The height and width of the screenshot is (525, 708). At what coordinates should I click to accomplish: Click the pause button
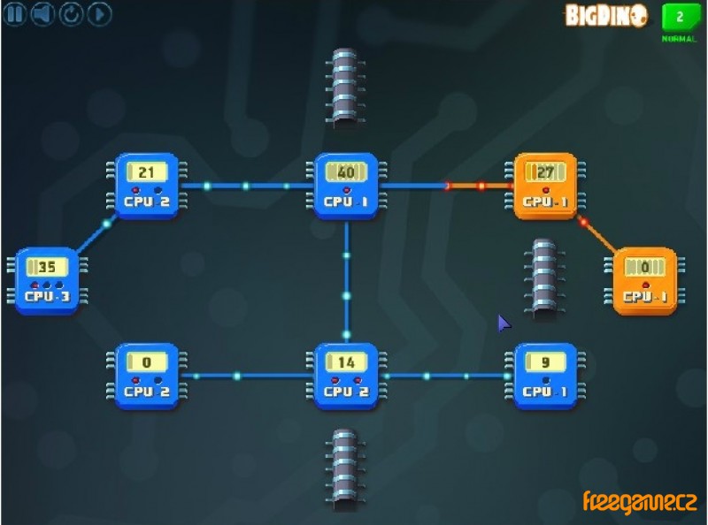pyautogui.click(x=14, y=14)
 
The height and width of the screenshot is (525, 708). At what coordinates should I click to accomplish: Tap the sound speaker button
pyautogui.click(x=42, y=14)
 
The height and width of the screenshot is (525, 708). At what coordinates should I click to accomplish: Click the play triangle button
pyautogui.click(x=98, y=14)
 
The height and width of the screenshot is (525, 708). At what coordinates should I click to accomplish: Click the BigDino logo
pyautogui.click(x=607, y=15)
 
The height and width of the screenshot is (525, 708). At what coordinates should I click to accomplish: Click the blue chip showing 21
pyautogui.click(x=148, y=186)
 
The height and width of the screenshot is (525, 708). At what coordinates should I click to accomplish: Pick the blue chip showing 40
pyautogui.click(x=346, y=186)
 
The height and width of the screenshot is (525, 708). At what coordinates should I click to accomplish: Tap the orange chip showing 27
pyautogui.click(x=545, y=186)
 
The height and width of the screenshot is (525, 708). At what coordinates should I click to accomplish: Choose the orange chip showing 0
pyautogui.click(x=644, y=280)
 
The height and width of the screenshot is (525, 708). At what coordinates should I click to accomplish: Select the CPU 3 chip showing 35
pyautogui.click(x=47, y=280)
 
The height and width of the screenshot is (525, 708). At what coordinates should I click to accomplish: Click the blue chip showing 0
pyautogui.click(x=148, y=375)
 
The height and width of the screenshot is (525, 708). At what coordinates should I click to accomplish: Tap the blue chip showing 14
pyautogui.click(x=346, y=375)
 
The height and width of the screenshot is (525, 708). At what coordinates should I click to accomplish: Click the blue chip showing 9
pyautogui.click(x=545, y=375)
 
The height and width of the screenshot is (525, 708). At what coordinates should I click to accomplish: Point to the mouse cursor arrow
pyautogui.click(x=504, y=323)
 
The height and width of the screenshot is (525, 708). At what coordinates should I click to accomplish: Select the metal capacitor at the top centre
pyautogui.click(x=345, y=86)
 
